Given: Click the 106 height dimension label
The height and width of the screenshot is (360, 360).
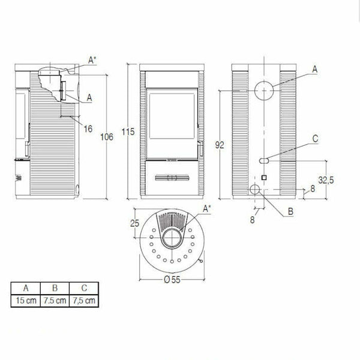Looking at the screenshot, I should [x=107, y=137].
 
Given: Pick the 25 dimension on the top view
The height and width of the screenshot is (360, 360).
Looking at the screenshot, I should [x=134, y=224].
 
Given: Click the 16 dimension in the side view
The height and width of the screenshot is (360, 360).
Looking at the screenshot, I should [x=88, y=128].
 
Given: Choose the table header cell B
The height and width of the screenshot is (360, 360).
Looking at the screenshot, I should [x=53, y=287].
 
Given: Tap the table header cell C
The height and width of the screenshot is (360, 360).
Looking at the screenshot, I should [x=83, y=287].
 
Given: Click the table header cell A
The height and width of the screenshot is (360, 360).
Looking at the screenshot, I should [x=24, y=287].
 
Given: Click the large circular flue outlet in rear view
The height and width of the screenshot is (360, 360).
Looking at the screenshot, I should [x=262, y=91].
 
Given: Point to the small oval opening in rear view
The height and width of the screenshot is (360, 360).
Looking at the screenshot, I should [x=263, y=160].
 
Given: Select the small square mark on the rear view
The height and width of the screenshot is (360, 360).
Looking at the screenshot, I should [x=263, y=178].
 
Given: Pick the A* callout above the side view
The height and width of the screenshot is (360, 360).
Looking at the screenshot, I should [x=91, y=59].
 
